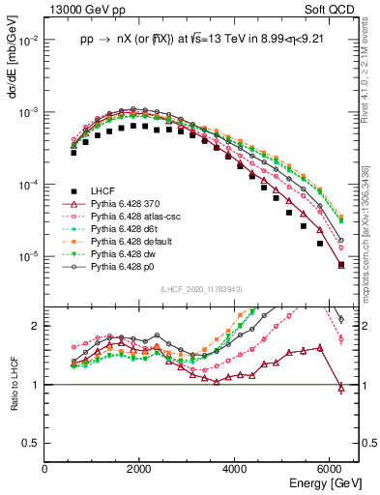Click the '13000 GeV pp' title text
79,9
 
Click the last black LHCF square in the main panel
340,264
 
